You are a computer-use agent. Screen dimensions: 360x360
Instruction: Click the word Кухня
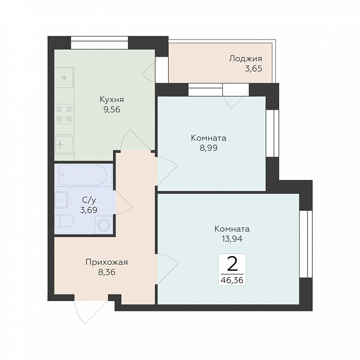click(112, 100)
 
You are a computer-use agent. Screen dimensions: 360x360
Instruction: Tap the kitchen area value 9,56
click(112, 110)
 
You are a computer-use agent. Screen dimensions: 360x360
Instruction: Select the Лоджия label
click(245, 59)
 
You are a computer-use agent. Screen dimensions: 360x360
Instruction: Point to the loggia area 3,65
click(253, 68)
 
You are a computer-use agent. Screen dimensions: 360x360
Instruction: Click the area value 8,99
click(208, 148)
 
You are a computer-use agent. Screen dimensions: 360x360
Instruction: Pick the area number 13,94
click(232, 239)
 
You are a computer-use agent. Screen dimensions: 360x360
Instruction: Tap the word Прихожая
click(107, 262)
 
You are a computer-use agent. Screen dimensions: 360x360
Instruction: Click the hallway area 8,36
click(107, 272)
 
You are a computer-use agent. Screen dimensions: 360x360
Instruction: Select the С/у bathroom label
click(89, 200)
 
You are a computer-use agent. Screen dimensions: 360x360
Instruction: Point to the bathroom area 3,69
click(89, 210)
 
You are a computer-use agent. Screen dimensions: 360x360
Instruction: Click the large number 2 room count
click(232, 264)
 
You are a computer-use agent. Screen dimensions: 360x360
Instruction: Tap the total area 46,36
click(232, 280)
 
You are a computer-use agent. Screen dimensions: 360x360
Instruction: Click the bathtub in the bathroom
click(83, 175)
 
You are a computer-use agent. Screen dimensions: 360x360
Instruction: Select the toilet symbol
click(64, 221)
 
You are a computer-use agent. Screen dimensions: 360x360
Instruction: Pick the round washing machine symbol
click(104, 225)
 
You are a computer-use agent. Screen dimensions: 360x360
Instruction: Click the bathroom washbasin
click(61, 200)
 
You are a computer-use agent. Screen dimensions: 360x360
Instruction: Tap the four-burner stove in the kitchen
click(64, 114)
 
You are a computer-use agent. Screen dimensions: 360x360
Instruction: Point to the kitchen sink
click(64, 145)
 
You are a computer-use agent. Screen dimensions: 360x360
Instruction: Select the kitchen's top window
click(99, 43)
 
